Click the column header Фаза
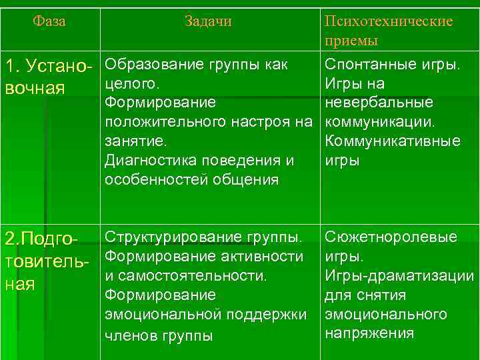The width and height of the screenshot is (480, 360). pyautogui.click(x=50, y=21)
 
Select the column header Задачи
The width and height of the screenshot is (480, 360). pyautogui.click(x=208, y=21)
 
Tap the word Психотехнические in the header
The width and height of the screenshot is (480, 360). pyautogui.click(x=388, y=21)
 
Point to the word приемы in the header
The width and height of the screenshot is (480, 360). pyautogui.click(x=351, y=41)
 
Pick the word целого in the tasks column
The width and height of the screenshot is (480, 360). pyautogui.click(x=131, y=85)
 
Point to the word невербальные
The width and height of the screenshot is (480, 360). pyautogui.click(x=379, y=103)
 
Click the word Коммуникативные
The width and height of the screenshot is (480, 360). pyautogui.click(x=392, y=141)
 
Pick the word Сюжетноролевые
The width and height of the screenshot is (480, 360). pyautogui.click(x=391, y=237)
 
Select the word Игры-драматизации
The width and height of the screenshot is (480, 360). pyautogui.click(x=399, y=275)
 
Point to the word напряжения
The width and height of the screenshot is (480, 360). pyautogui.click(x=369, y=333)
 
